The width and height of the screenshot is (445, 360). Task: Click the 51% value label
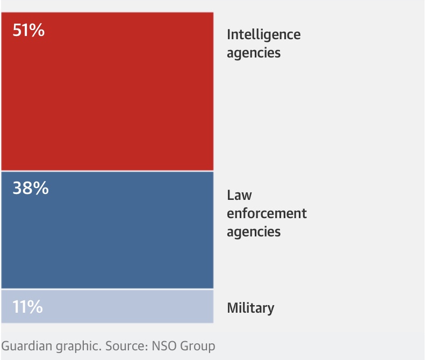28,31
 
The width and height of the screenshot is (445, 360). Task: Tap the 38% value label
31,189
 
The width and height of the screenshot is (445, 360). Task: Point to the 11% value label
27,307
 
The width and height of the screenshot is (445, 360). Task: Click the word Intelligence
263,35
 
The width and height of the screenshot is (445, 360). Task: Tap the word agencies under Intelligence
254,53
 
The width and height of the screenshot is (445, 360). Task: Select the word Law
239,195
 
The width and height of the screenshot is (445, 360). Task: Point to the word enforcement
267,213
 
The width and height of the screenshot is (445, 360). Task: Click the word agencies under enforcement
254,232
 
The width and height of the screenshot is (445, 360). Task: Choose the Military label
250,308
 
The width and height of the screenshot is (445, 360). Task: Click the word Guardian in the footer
25,346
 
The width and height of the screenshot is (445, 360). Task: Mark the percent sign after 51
37,31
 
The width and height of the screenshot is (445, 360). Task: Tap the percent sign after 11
35,307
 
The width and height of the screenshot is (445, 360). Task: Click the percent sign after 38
41,189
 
